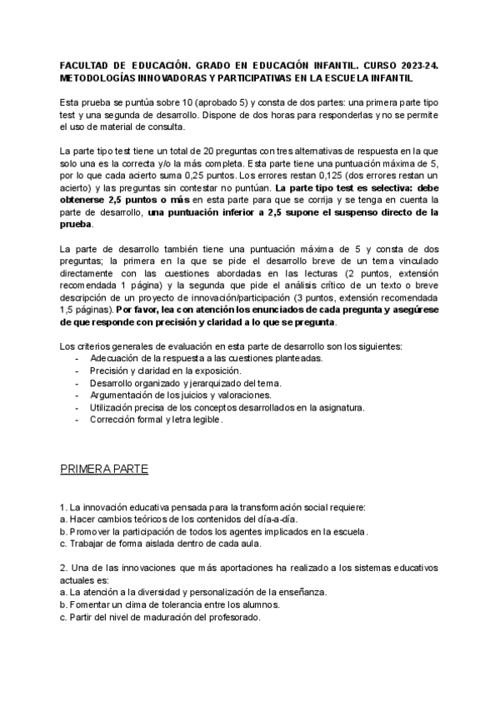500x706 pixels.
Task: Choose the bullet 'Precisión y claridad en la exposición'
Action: pos(167,370)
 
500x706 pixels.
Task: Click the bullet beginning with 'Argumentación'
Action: pos(187,395)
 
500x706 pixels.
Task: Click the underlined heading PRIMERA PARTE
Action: pos(104,470)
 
